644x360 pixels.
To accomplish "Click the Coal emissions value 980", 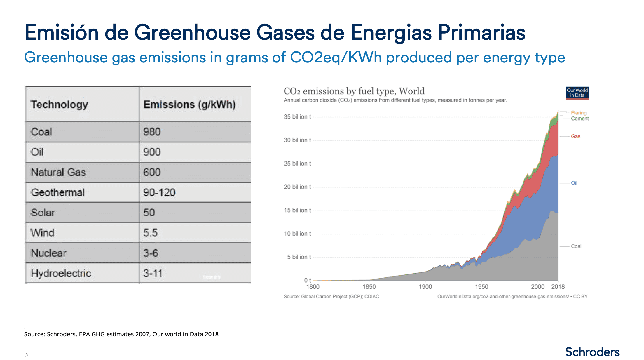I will point(152,132).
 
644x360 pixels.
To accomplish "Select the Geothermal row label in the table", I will point(58,193).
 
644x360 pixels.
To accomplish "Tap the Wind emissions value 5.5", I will point(150,233).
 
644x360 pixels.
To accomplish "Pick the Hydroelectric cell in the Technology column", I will point(61,274).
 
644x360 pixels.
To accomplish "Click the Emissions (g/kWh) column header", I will point(189,105).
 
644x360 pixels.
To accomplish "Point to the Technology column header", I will point(59,105).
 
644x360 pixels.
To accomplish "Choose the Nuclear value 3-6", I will point(151,253).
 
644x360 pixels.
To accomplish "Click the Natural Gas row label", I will point(58,172).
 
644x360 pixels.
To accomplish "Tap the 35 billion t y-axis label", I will point(297,117).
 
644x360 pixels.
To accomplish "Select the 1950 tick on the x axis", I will point(481,287).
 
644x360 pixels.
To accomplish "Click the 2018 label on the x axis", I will point(558,287).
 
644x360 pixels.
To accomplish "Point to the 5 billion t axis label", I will point(299,257).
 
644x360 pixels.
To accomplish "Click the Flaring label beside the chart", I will point(578,113).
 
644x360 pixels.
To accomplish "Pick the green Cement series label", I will point(580,119).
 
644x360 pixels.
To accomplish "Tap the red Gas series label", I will point(575,136).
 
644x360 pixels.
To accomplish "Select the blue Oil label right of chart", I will point(574,183).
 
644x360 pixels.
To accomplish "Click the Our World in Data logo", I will point(577,93).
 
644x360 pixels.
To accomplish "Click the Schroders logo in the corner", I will point(592,352).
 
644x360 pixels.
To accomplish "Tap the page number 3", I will point(26,354).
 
